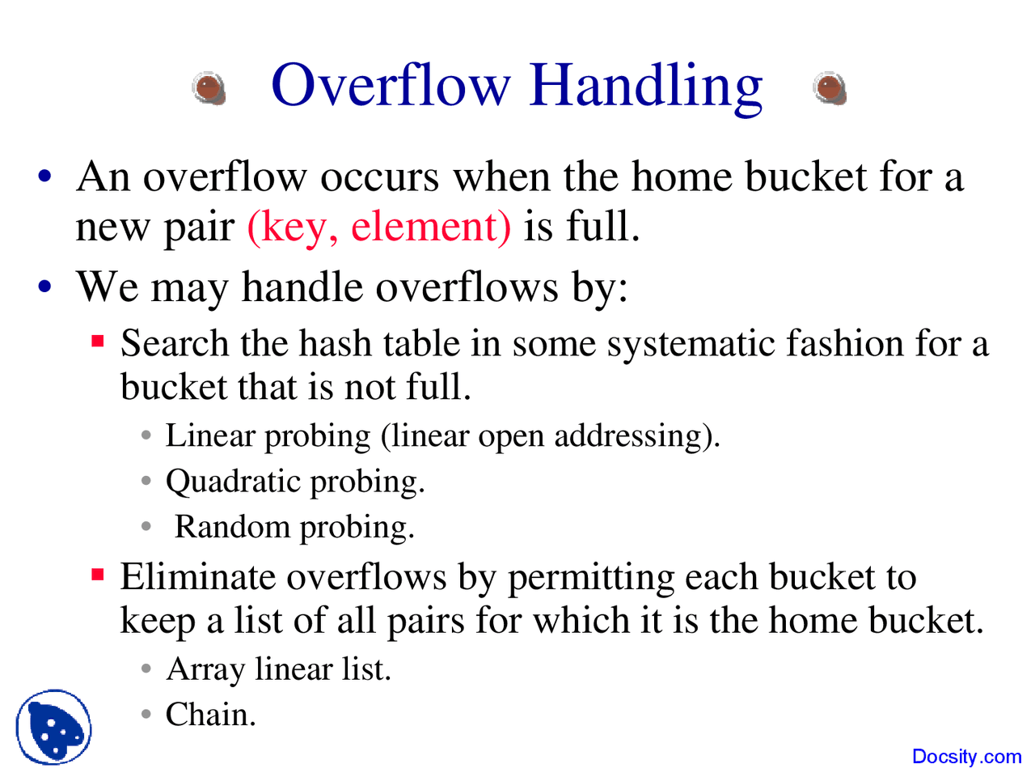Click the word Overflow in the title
(391, 86)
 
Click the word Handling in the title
(645, 89)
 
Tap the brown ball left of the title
(209, 89)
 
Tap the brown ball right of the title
(830, 89)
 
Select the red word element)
(431, 227)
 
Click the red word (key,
(293, 228)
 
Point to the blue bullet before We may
(44, 286)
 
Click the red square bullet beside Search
(98, 341)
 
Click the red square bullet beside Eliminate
(98, 574)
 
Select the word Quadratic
(233, 482)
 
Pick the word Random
(232, 526)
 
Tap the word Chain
(211, 714)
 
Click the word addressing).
(637, 436)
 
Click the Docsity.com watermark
(966, 756)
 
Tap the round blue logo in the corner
(53, 727)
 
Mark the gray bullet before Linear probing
(146, 435)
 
